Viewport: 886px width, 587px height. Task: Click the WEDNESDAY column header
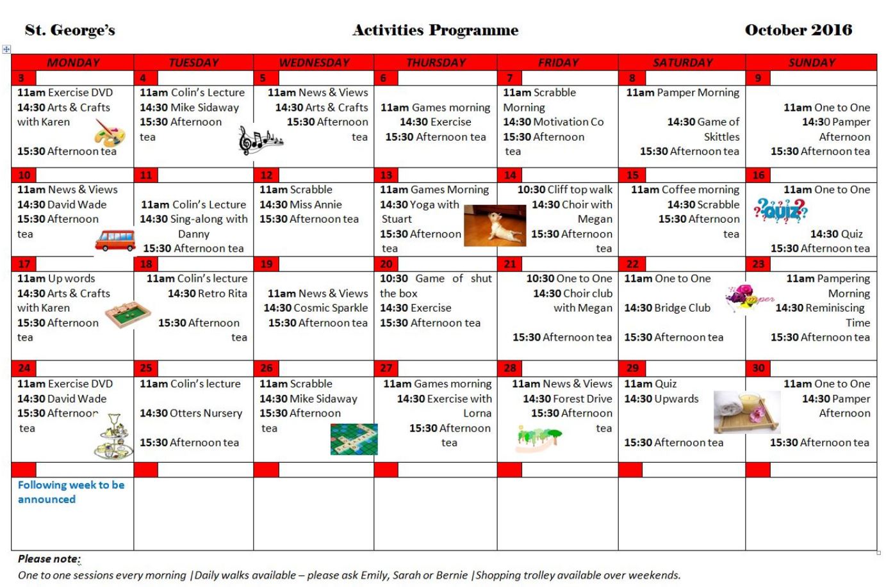point(314,62)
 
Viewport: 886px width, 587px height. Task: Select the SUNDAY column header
point(811,62)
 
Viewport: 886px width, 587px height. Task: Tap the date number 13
point(386,175)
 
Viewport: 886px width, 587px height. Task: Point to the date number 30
point(759,367)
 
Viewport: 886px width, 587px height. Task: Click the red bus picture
point(115,240)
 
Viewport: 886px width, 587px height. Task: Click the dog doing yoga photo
point(494,225)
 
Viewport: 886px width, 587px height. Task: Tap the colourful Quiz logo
point(780,210)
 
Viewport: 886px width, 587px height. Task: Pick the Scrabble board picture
point(354,439)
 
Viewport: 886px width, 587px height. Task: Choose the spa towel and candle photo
point(747,412)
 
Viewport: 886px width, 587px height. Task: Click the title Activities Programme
point(435,30)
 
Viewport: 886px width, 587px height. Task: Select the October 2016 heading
point(798,30)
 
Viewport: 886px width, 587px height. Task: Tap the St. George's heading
point(70,30)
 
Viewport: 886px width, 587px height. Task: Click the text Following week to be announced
point(70,492)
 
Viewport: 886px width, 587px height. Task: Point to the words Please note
point(49,559)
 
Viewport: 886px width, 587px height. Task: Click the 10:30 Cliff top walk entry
point(564,189)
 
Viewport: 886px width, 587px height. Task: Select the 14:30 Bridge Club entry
point(667,308)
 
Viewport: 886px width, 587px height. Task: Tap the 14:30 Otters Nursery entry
point(191,414)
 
